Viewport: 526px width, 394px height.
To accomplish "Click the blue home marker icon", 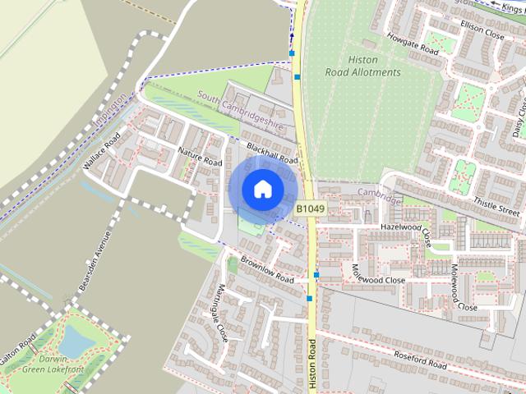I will pos(262,189).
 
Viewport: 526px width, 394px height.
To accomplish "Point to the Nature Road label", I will pos(200,157).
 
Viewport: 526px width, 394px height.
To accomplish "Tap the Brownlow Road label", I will pos(267,273).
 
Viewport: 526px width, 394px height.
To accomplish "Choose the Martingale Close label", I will pos(210,313).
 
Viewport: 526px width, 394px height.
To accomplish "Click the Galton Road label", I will pos(16,350).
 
